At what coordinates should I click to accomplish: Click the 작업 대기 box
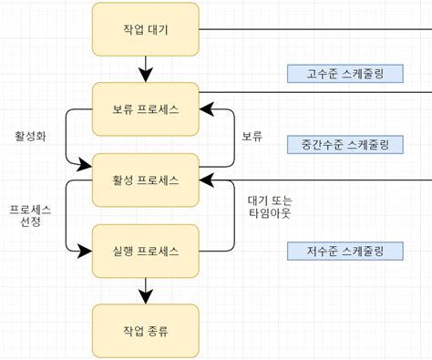(145, 28)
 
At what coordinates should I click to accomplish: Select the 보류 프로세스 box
(145, 109)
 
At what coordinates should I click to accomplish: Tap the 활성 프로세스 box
(145, 179)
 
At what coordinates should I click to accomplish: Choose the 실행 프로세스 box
(145, 249)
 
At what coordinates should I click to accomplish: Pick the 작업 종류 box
(145, 330)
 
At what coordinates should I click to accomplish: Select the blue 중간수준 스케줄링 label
(345, 144)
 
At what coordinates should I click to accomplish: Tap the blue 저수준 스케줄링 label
(345, 250)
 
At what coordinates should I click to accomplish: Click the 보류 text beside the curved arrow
(252, 137)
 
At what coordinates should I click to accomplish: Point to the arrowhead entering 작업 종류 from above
(145, 297)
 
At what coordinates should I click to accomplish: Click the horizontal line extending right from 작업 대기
(310, 28)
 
